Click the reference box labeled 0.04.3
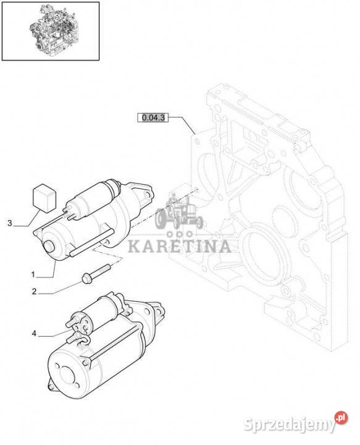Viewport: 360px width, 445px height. coord(153,117)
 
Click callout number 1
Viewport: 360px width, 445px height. coord(33,274)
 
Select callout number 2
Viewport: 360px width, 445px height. coord(34,292)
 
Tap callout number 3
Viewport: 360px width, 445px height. coord(10,223)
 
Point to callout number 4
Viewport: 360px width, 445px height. coord(34,334)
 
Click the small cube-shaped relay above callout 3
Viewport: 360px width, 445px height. coord(44,198)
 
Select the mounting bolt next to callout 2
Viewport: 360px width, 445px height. coord(96,274)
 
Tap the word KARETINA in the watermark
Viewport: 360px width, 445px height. coord(180,247)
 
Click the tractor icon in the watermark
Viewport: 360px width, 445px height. coord(179,211)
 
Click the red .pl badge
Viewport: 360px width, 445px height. coord(341,418)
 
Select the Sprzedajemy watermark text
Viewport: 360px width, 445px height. coord(289,425)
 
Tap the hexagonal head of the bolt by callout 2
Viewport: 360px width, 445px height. coord(86,278)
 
